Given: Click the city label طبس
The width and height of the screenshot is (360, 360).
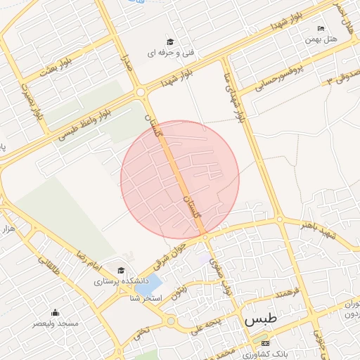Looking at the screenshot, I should [x=261, y=319].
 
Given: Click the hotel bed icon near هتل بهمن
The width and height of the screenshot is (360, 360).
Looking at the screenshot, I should [x=321, y=29].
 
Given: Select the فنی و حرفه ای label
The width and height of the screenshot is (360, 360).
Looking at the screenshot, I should [x=169, y=53].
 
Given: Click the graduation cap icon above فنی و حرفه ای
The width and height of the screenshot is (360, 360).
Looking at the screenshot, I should [x=169, y=42].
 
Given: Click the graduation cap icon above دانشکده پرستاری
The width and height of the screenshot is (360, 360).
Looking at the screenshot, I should [x=120, y=271].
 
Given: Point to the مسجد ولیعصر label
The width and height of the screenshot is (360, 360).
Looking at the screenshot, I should [x=55, y=324].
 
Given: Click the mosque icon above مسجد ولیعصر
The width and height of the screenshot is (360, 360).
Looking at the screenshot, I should [x=55, y=314].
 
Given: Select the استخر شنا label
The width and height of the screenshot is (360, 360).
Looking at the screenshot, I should [x=146, y=299].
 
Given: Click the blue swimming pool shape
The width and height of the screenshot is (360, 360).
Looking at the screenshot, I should [x=144, y=286].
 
